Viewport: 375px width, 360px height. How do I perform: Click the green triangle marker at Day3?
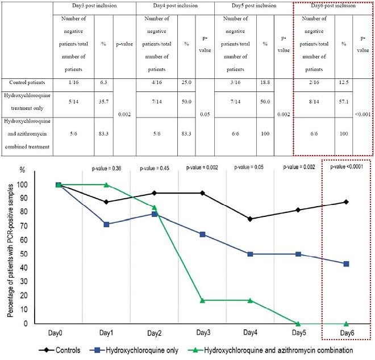coord(203,300)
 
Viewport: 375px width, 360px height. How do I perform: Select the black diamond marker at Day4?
coord(250,219)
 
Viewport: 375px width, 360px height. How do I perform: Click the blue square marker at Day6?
coord(346,263)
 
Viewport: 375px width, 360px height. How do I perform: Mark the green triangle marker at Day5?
coord(298,323)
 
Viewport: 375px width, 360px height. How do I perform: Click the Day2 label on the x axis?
coord(154,333)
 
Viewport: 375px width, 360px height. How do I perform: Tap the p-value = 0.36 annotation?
coord(107,168)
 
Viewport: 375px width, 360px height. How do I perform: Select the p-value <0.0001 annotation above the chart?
coord(346,168)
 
